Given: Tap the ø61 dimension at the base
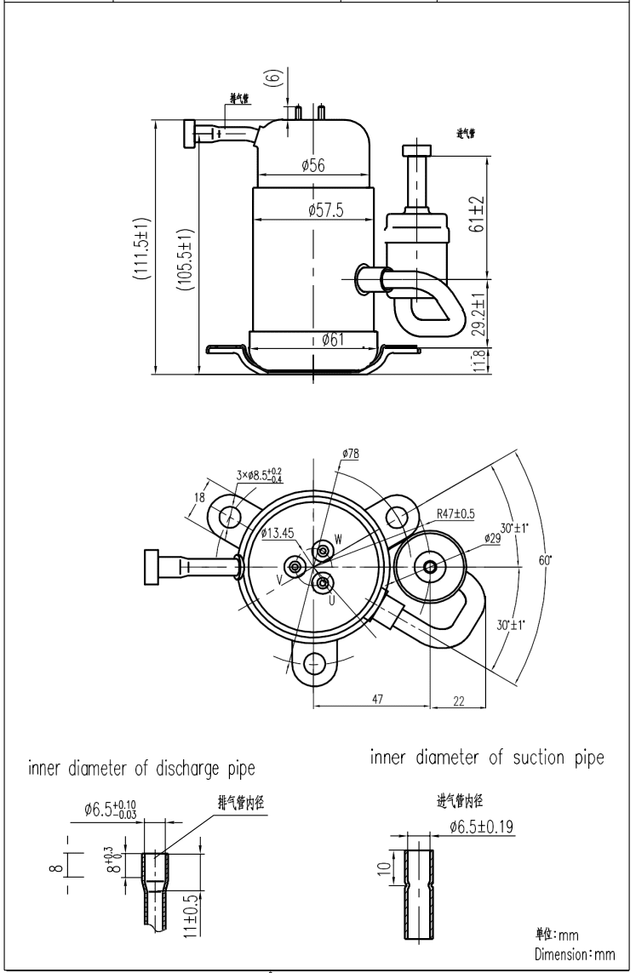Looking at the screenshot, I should pyautogui.click(x=333, y=340).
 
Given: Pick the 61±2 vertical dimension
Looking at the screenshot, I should pyautogui.click(x=478, y=215).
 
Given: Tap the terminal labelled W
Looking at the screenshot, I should pyautogui.click(x=338, y=539).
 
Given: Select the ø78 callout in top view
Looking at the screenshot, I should pyautogui.click(x=350, y=455).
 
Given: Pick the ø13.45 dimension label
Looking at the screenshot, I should pyautogui.click(x=278, y=533).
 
